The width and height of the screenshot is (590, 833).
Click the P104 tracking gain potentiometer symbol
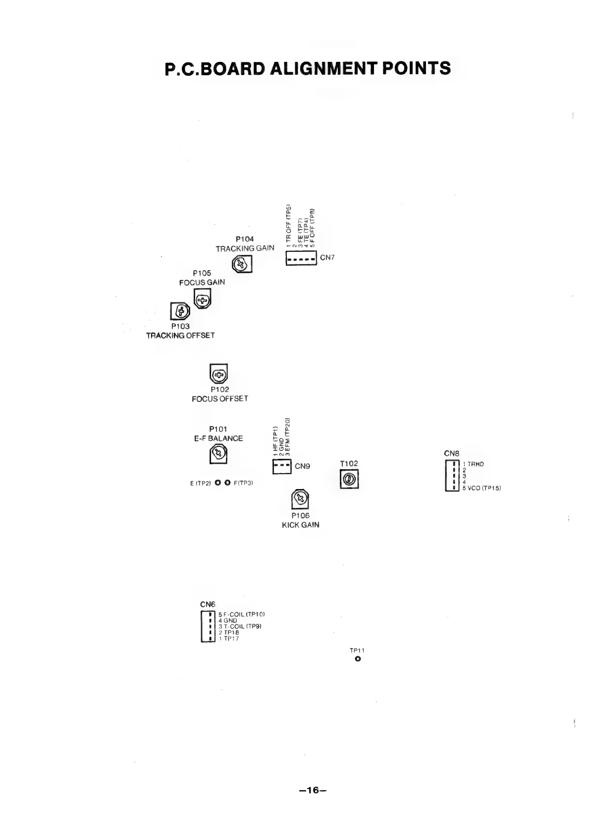[x=242, y=264]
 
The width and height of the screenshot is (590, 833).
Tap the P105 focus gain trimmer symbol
[x=202, y=299]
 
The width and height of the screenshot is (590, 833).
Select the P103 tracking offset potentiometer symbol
[x=180, y=311]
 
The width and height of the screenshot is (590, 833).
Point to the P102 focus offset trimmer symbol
[x=218, y=375]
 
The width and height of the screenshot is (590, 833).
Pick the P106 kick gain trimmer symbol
[x=300, y=499]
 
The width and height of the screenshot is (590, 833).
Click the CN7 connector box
[x=301, y=258]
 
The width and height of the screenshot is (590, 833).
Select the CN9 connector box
[x=281, y=466]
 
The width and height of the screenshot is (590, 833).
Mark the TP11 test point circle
[x=358, y=659]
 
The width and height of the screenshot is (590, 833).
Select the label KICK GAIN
[x=300, y=525]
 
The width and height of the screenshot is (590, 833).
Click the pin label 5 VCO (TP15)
[x=482, y=488]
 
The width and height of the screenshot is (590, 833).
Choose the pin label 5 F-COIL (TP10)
[x=241, y=614]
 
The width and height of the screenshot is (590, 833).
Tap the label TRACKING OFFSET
[x=180, y=335]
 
